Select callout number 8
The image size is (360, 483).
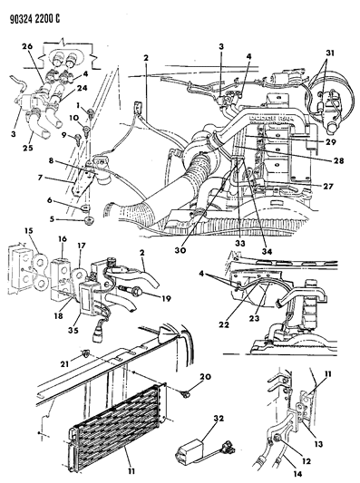coord(55,159)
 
